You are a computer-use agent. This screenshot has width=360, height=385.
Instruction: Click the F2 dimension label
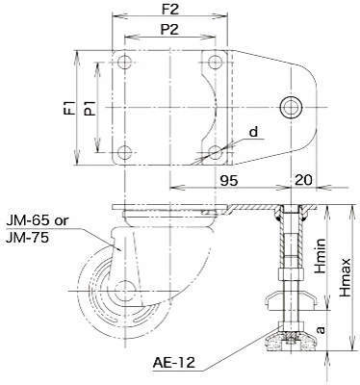169,10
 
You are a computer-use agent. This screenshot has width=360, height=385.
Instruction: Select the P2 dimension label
169,30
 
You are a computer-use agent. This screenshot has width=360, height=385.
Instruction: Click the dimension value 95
229,181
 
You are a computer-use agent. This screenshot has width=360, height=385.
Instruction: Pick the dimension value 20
302,180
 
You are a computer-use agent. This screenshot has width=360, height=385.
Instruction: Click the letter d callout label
253,132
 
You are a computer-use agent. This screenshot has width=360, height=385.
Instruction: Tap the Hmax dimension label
346,277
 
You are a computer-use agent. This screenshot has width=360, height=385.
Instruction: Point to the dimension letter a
321,329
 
